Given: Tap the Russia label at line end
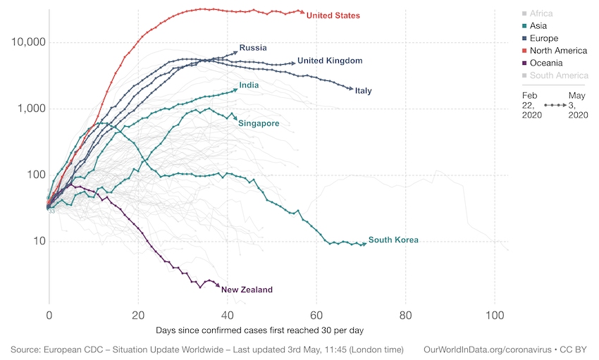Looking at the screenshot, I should pos(253,48).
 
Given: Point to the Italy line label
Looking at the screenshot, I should pos(364,91).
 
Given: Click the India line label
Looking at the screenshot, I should pos(249,85).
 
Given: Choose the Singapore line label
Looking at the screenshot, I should pos(259,123).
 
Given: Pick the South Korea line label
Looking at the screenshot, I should pos(393,240).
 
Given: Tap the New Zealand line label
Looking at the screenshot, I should pos(247,290).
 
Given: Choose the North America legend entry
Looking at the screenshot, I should pos(558,51).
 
